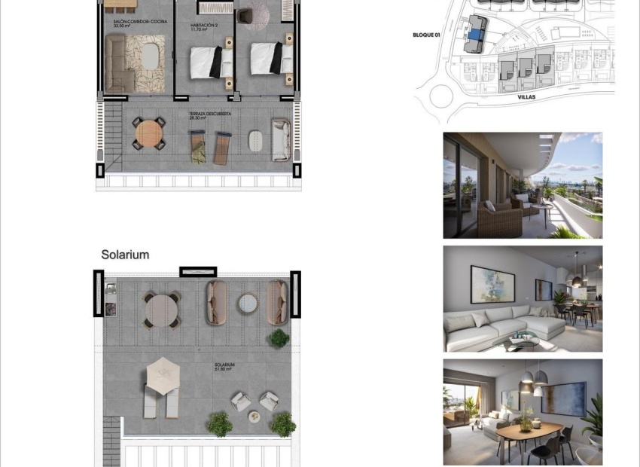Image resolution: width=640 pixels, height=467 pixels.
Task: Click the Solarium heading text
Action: point(125,255)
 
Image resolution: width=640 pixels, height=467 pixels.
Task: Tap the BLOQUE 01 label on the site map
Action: point(427,35)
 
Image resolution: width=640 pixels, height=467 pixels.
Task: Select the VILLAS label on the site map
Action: point(526,97)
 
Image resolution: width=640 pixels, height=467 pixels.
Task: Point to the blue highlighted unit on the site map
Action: point(474,34)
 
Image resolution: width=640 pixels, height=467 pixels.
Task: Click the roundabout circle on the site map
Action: point(440,96)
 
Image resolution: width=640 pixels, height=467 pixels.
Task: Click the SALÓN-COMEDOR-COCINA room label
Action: point(140,22)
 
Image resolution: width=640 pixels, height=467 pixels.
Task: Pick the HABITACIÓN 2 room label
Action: point(203,25)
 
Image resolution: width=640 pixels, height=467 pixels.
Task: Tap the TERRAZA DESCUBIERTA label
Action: point(210,114)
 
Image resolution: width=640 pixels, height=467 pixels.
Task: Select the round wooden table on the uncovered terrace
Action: point(148,135)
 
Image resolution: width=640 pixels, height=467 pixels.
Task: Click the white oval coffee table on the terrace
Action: point(255,140)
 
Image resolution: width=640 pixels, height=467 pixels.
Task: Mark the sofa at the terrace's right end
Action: point(281,139)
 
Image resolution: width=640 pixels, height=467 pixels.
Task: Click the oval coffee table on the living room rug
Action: point(151,55)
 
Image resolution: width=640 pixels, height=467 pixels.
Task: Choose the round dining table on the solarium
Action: point(160,308)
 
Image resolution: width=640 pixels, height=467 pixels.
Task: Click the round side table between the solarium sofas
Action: point(247,303)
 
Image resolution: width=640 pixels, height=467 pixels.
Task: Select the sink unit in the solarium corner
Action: point(111,299)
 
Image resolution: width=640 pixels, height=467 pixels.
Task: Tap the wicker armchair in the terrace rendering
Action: point(498,219)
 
